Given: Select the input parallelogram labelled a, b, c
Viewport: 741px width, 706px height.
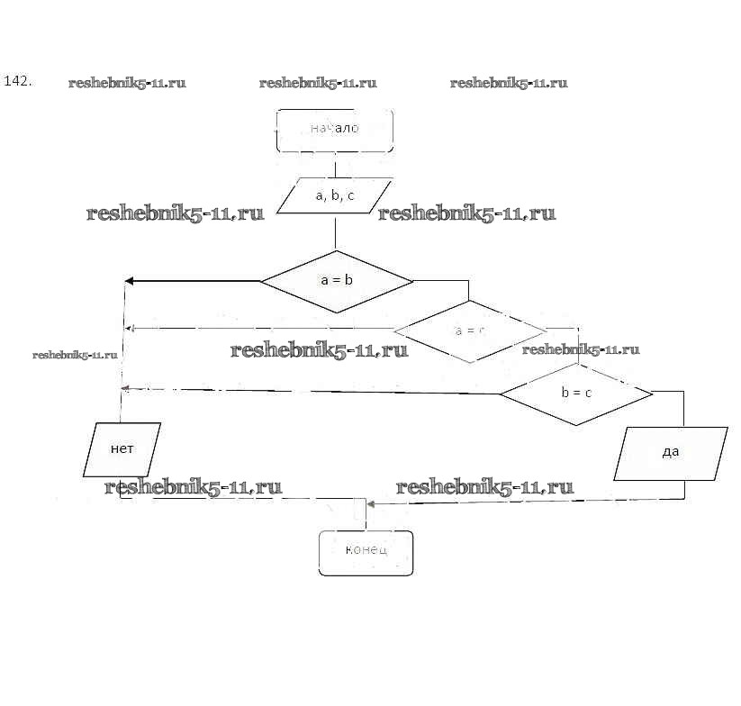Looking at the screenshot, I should click(x=335, y=195).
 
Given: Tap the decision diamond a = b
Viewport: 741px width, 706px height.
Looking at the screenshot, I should click(x=337, y=281).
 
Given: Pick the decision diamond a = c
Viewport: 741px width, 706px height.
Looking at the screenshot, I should click(x=470, y=330).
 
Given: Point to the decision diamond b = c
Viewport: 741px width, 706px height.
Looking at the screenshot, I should click(x=576, y=394).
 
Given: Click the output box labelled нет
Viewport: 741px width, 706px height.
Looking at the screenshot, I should click(x=122, y=448).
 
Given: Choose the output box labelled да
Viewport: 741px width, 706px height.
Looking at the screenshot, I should click(x=671, y=453).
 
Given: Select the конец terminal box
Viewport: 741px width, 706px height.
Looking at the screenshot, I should click(x=366, y=551).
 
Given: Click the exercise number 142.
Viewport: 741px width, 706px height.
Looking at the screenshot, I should click(x=18, y=81).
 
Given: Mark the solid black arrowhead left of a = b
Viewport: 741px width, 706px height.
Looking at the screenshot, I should click(x=129, y=281).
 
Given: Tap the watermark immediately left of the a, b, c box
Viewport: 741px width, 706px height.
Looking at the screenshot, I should click(x=176, y=213).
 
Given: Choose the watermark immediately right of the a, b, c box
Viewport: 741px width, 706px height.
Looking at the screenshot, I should click(x=466, y=213).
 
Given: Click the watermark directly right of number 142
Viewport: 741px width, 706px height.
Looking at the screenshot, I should click(x=127, y=83).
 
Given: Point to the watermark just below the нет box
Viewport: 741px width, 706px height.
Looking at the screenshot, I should click(x=193, y=487).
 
